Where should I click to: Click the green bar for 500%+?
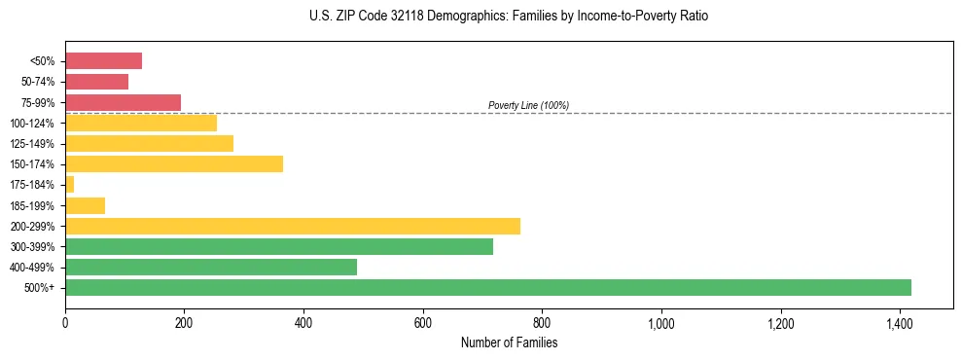pos(487,287)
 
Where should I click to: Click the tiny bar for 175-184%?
pos(69,185)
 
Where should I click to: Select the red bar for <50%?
pos(103,61)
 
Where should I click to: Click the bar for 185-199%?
pos(85,205)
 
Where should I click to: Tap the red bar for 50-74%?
pos(96,82)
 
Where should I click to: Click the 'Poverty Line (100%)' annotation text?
pos(528,105)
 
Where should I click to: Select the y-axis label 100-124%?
pos(32,124)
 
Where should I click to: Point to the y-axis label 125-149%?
pos(32,144)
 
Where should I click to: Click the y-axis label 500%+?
pos(40,288)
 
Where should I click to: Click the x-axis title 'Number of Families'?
pos(509,342)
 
